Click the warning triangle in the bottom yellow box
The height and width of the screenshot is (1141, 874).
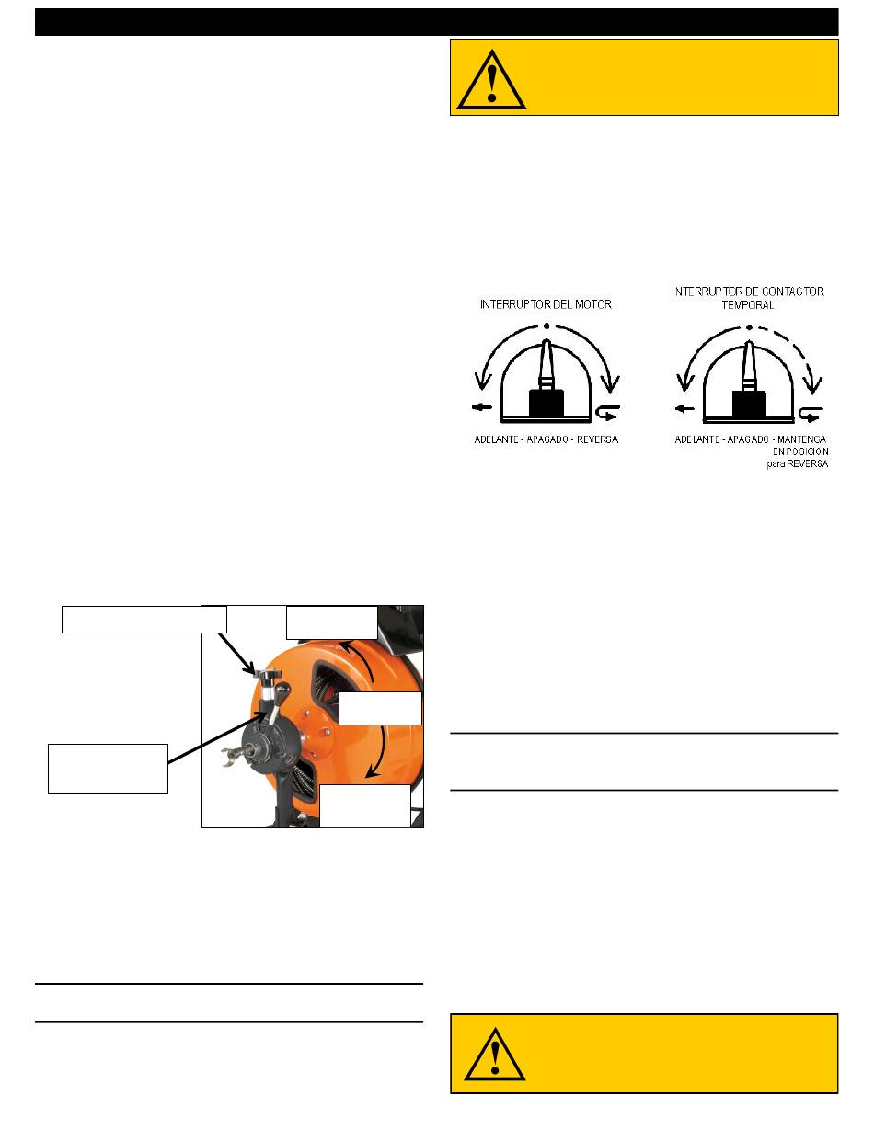495,1055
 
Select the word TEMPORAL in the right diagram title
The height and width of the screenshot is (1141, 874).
747,305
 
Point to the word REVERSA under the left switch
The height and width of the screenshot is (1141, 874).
597,439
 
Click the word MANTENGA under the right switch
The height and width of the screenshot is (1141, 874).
801,439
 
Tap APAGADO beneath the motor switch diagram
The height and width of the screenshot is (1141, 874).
546,439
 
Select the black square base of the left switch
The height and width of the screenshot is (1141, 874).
546,404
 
